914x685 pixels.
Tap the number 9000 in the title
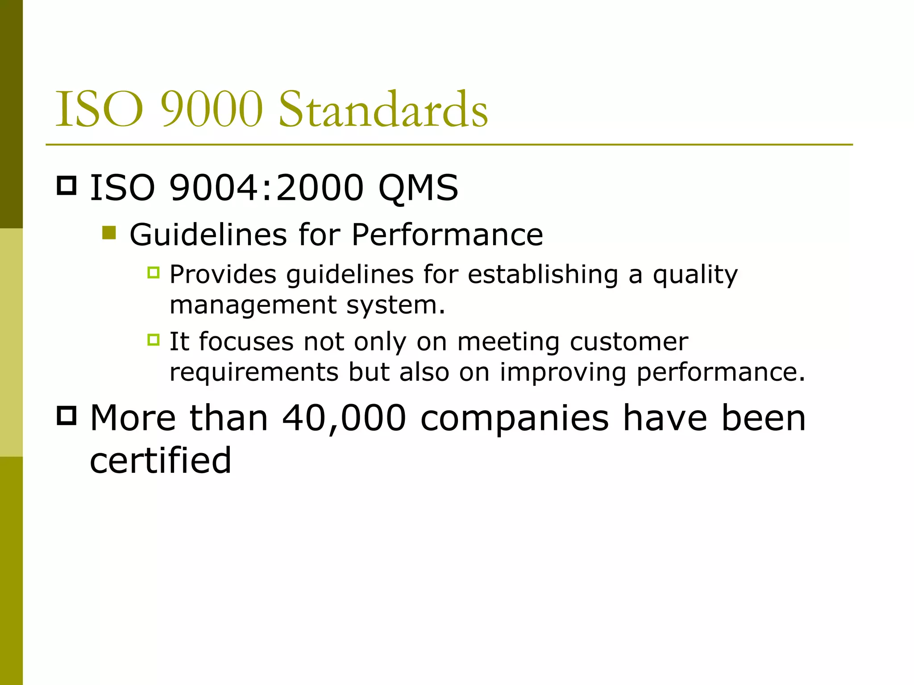point(212,109)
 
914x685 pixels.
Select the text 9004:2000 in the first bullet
point(266,188)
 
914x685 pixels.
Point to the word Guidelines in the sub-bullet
point(208,235)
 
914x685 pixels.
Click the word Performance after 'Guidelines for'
point(447,235)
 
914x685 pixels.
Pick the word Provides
point(223,275)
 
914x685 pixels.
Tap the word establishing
point(543,275)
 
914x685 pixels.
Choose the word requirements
point(254,373)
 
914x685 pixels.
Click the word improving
point(563,373)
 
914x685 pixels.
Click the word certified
point(161,460)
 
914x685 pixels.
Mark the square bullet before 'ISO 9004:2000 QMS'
point(67,186)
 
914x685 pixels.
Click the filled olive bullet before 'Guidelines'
point(109,233)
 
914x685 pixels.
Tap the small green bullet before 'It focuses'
point(154,340)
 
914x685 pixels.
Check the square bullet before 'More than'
point(67,416)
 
